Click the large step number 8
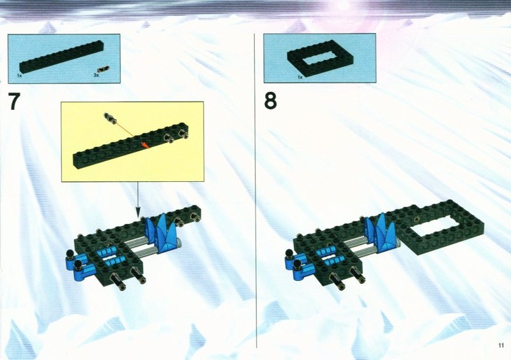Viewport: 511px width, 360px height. click(270, 101)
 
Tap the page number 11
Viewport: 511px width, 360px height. click(501, 345)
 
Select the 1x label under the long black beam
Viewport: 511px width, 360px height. click(20, 75)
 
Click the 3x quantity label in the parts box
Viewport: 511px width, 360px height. click(96, 75)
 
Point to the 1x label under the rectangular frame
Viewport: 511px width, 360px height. click(300, 77)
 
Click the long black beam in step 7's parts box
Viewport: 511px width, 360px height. click(61, 57)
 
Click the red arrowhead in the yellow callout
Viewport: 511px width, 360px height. click(145, 145)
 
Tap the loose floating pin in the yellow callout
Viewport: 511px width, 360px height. click(111, 118)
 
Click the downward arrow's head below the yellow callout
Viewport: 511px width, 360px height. click(138, 213)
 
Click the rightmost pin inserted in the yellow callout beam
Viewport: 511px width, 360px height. click(183, 133)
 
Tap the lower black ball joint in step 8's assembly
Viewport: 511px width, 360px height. click(297, 263)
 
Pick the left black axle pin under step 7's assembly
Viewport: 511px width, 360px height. click(118, 282)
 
